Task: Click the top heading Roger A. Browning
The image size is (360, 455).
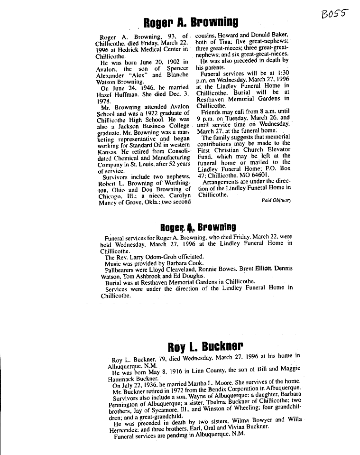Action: tap(191, 22)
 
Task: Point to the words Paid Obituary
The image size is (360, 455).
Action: tap(276, 200)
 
